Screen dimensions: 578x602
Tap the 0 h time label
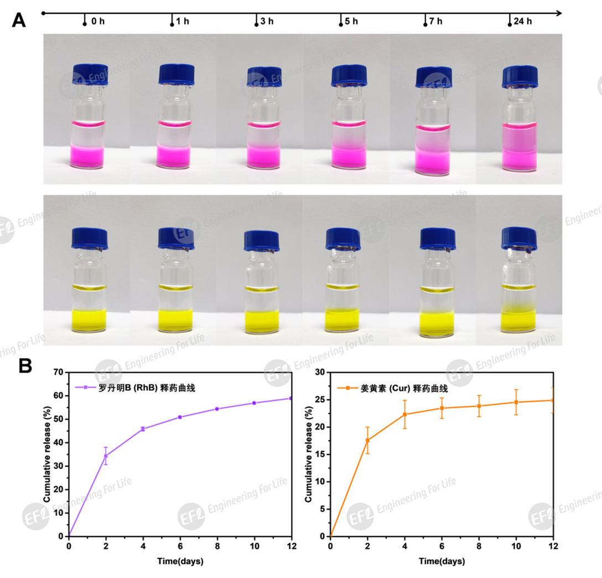point(97,22)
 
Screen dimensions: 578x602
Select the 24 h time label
point(522,22)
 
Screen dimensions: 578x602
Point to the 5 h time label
point(351,22)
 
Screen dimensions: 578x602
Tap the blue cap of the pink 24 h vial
point(520,77)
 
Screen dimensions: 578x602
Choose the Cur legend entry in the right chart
point(396,388)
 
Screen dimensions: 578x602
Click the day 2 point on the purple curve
point(106,456)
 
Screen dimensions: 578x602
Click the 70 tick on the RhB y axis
point(58,372)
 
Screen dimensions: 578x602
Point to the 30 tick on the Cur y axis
point(319,372)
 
